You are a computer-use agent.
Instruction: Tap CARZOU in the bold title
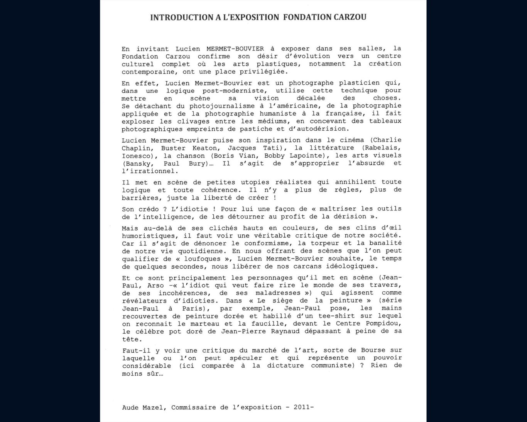pyautogui.click(x=348, y=17)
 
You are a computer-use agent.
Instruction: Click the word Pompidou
pyautogui.click(x=383, y=324)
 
